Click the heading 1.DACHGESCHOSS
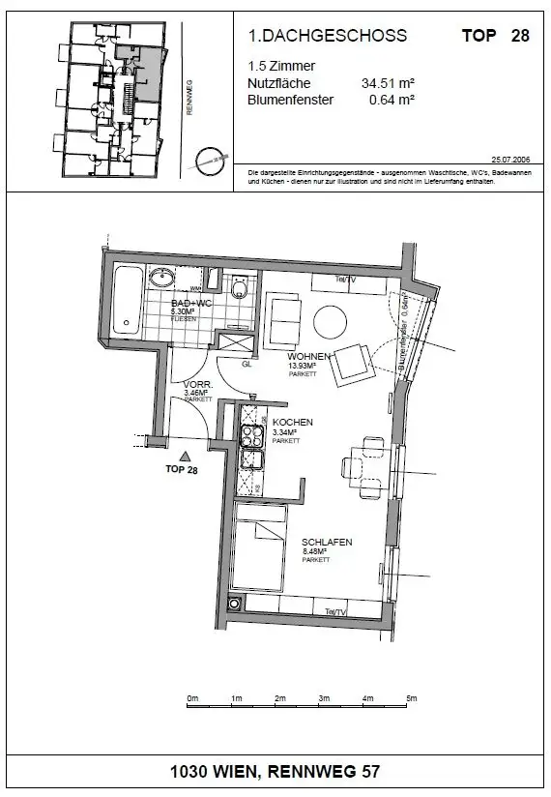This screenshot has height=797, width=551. pos(328,36)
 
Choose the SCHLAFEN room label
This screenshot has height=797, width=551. pos(327,543)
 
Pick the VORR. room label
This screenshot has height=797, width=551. pos(197,385)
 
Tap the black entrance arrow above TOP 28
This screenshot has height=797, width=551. pos(183,456)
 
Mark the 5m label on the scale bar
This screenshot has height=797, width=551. pos(411,698)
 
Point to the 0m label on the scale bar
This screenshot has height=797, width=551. pos(192,698)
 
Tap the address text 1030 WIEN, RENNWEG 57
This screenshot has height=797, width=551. pos(275,772)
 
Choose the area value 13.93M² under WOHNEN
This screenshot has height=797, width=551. pos(303,366)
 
